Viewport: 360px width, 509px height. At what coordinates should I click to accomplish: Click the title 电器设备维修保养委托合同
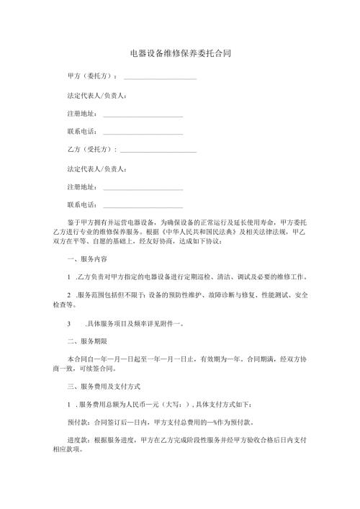[x=180, y=53]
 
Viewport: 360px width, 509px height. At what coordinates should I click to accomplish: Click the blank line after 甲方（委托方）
[x=160, y=78]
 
